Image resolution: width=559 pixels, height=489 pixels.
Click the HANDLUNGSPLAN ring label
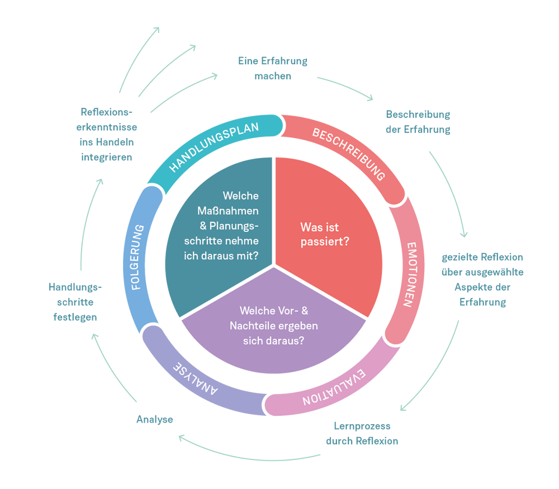(x=214, y=146)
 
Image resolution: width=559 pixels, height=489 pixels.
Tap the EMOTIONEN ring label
(x=413, y=274)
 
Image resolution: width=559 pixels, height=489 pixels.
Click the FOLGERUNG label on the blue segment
(x=138, y=257)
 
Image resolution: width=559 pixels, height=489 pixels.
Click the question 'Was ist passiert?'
(x=327, y=235)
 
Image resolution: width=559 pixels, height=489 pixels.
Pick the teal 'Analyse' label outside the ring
(x=154, y=419)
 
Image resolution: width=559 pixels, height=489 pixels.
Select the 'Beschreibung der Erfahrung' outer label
(x=418, y=122)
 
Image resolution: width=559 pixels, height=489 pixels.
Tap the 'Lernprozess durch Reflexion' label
(x=362, y=433)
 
